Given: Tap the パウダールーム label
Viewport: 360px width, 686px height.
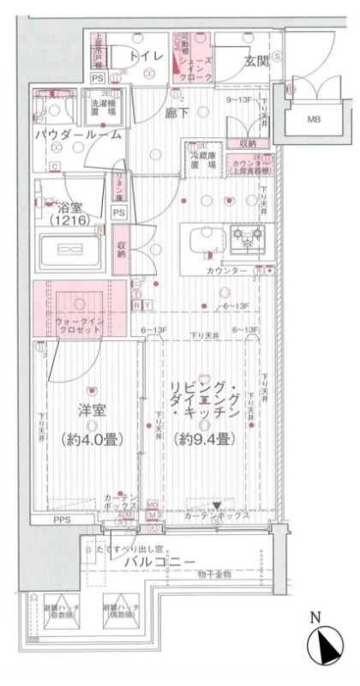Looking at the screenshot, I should [77, 135].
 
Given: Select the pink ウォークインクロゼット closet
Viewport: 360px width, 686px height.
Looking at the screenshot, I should [78, 309].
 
